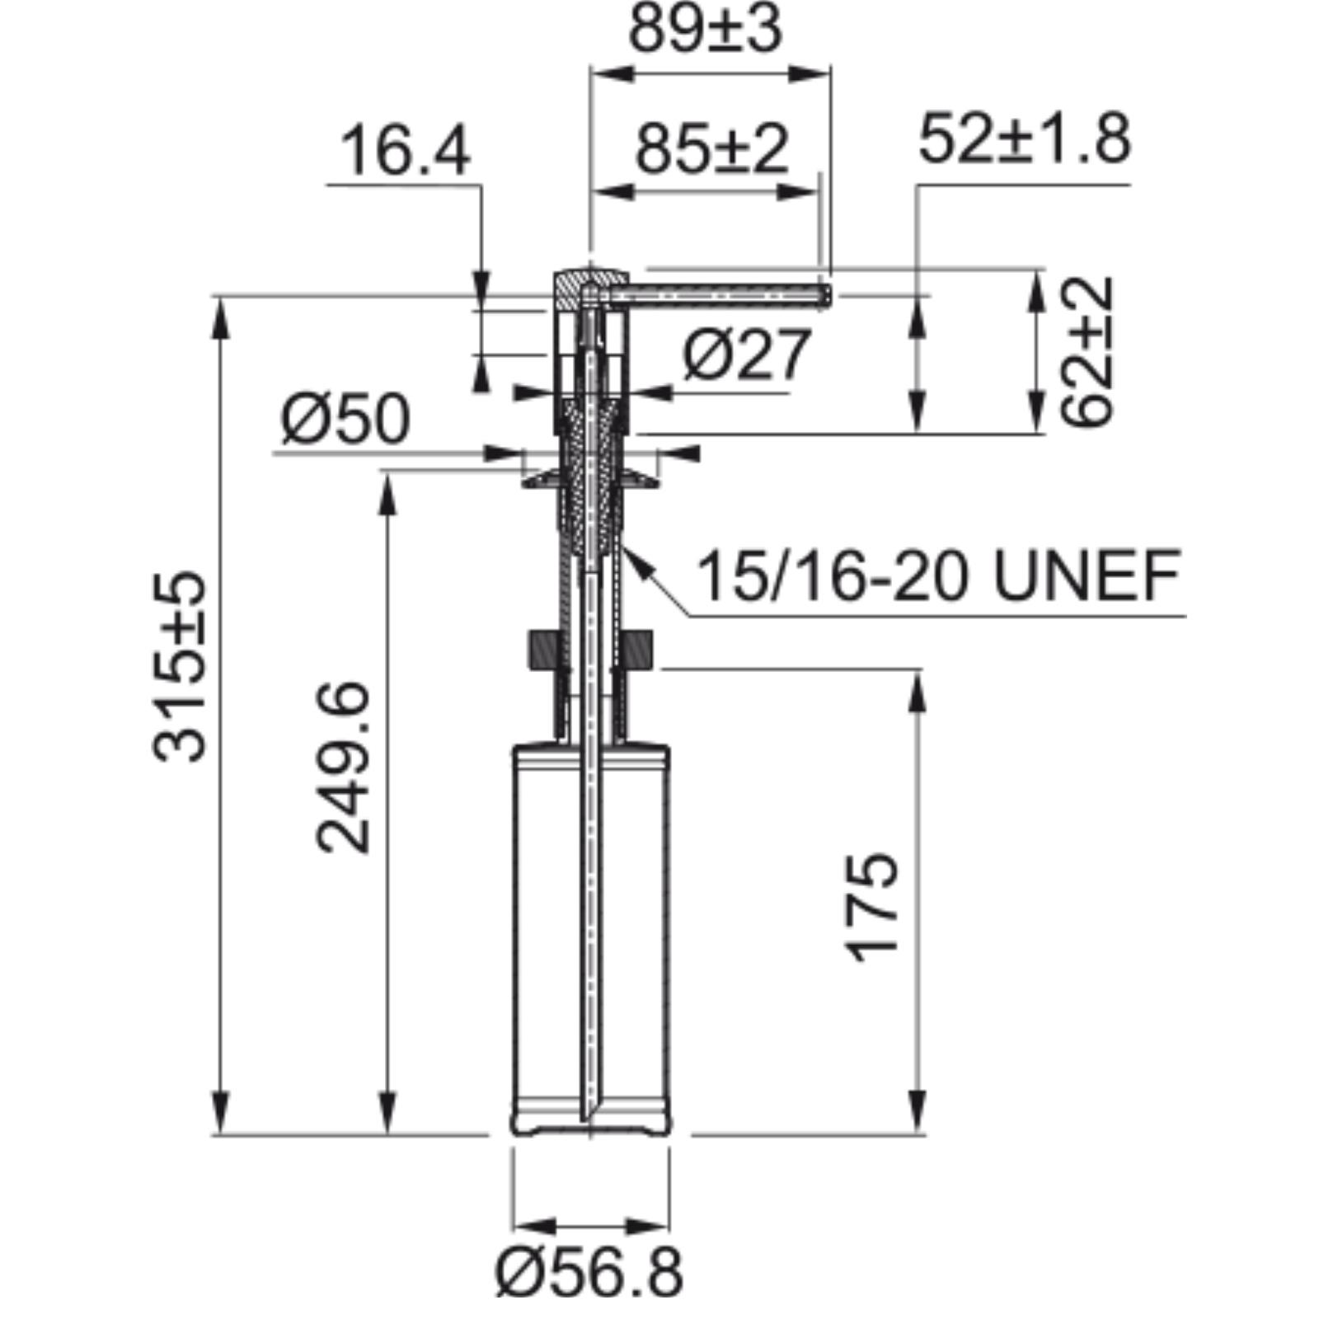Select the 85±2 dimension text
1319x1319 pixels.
click(x=712, y=149)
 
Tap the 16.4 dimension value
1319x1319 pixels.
click(x=405, y=151)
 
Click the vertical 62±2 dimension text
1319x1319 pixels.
click(x=1087, y=351)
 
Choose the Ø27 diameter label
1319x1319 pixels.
click(x=748, y=354)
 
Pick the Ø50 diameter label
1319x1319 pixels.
click(x=345, y=419)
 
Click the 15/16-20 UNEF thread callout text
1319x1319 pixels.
click(x=939, y=575)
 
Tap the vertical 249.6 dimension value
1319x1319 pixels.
click(x=343, y=767)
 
